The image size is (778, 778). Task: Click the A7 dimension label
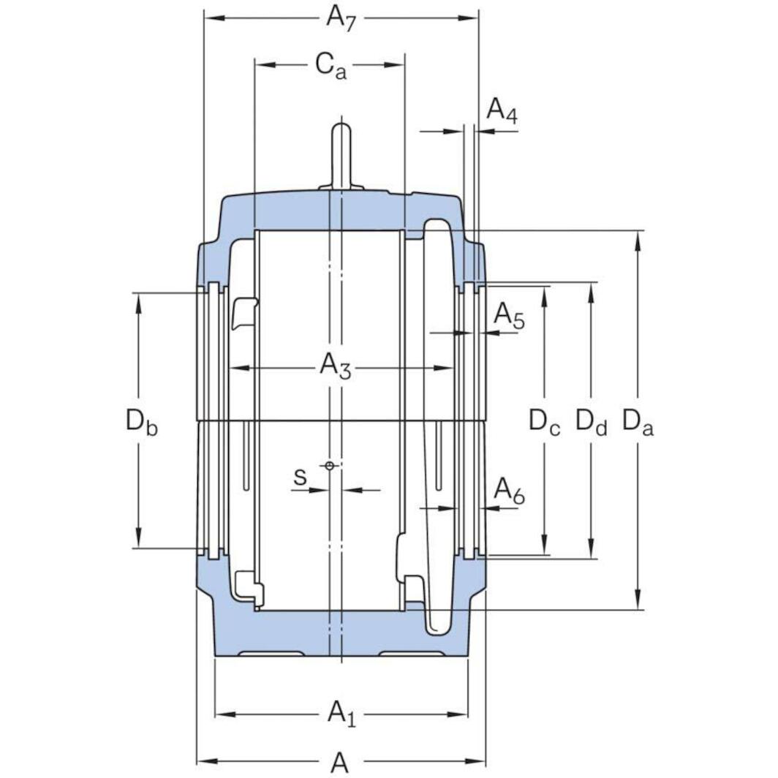[x=341, y=18]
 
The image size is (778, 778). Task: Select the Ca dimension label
[x=331, y=66]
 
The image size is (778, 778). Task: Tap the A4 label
[x=502, y=110]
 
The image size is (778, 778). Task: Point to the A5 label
[x=509, y=315]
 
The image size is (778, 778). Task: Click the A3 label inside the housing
[x=336, y=366]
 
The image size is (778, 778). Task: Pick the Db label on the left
[x=140, y=422]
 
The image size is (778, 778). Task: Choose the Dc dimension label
[x=545, y=422]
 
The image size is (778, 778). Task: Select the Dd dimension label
[x=591, y=422]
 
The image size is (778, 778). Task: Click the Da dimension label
[x=638, y=422]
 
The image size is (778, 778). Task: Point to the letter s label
[x=300, y=477]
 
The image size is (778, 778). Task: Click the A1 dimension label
[x=341, y=712]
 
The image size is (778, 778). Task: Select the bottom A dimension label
[x=339, y=763]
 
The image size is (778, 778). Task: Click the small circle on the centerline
[x=330, y=466]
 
